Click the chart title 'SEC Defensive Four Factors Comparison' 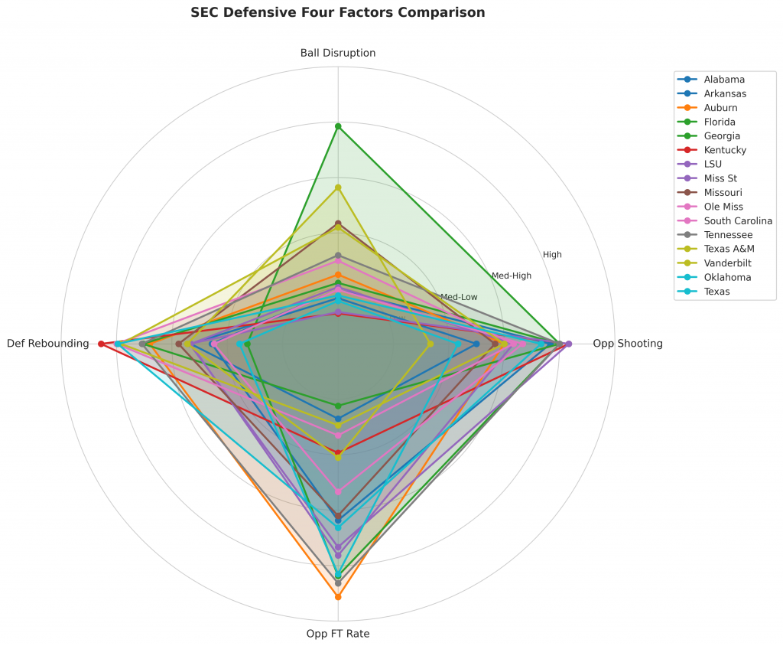click(337, 13)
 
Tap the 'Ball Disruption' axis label click(338, 53)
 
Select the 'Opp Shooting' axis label click(627, 344)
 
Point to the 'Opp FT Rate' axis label click(338, 634)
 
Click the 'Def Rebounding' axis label click(47, 344)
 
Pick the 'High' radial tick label click(552, 255)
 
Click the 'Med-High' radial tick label click(512, 276)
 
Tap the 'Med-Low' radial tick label click(459, 297)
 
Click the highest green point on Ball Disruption click(338, 126)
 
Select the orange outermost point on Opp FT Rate click(338, 596)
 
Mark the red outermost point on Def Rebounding click(101, 344)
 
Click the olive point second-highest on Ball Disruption click(338, 188)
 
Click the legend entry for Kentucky click(725, 150)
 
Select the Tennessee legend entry click(728, 235)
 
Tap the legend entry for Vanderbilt click(727, 263)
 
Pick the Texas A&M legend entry click(728, 249)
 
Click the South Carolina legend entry click(733, 220)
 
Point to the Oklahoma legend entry click(727, 277)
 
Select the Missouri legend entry click(723, 192)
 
